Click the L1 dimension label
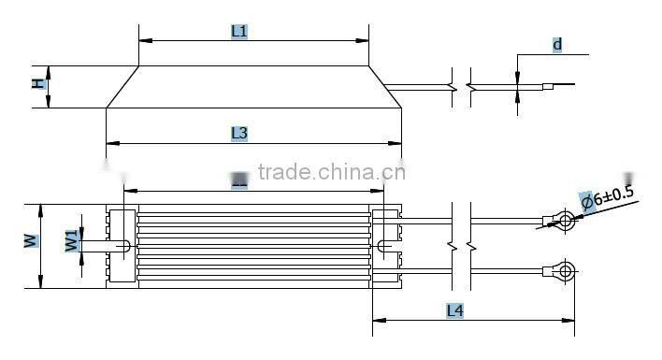point(239,31)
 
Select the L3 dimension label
point(239,134)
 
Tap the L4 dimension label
point(455,310)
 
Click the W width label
point(30,239)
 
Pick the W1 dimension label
point(71,240)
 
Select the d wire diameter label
point(557,44)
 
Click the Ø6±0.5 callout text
point(607,197)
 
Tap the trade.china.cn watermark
point(331,172)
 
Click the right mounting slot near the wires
point(385,246)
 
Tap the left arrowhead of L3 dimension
point(110,143)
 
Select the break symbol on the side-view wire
point(461,90)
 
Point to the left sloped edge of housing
point(122,87)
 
